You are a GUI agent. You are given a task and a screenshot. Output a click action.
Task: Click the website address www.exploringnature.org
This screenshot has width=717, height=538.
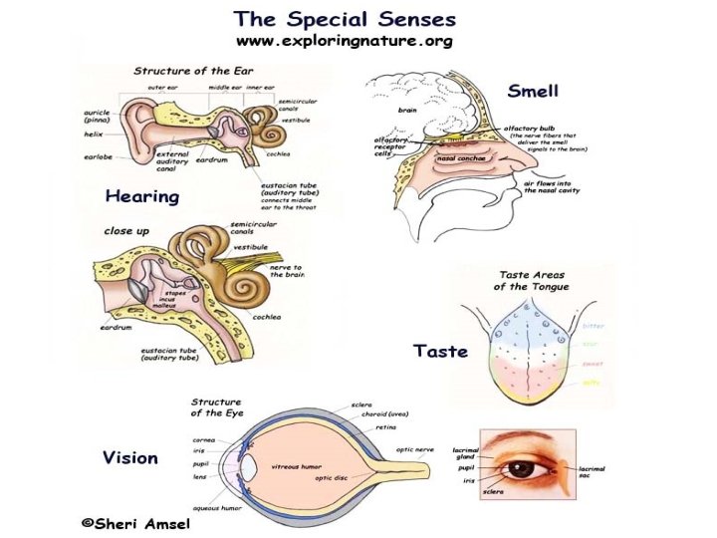tap(344, 42)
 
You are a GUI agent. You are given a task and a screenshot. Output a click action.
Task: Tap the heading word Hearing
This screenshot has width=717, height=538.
tap(142, 196)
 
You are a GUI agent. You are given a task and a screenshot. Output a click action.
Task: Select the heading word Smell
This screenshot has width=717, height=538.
tap(533, 92)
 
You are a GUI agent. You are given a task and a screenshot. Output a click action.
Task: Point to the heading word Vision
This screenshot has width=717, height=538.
tap(130, 457)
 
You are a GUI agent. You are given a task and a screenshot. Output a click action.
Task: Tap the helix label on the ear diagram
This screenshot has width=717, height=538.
tap(93, 134)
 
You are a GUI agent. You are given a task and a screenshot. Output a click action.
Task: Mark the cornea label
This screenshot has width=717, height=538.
tap(205, 438)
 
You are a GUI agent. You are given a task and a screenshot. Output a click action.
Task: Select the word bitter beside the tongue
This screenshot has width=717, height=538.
tap(593, 326)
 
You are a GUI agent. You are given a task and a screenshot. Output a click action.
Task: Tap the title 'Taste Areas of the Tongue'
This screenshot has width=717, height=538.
tap(531, 280)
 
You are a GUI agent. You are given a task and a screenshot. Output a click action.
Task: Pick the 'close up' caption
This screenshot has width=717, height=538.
tap(127, 230)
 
